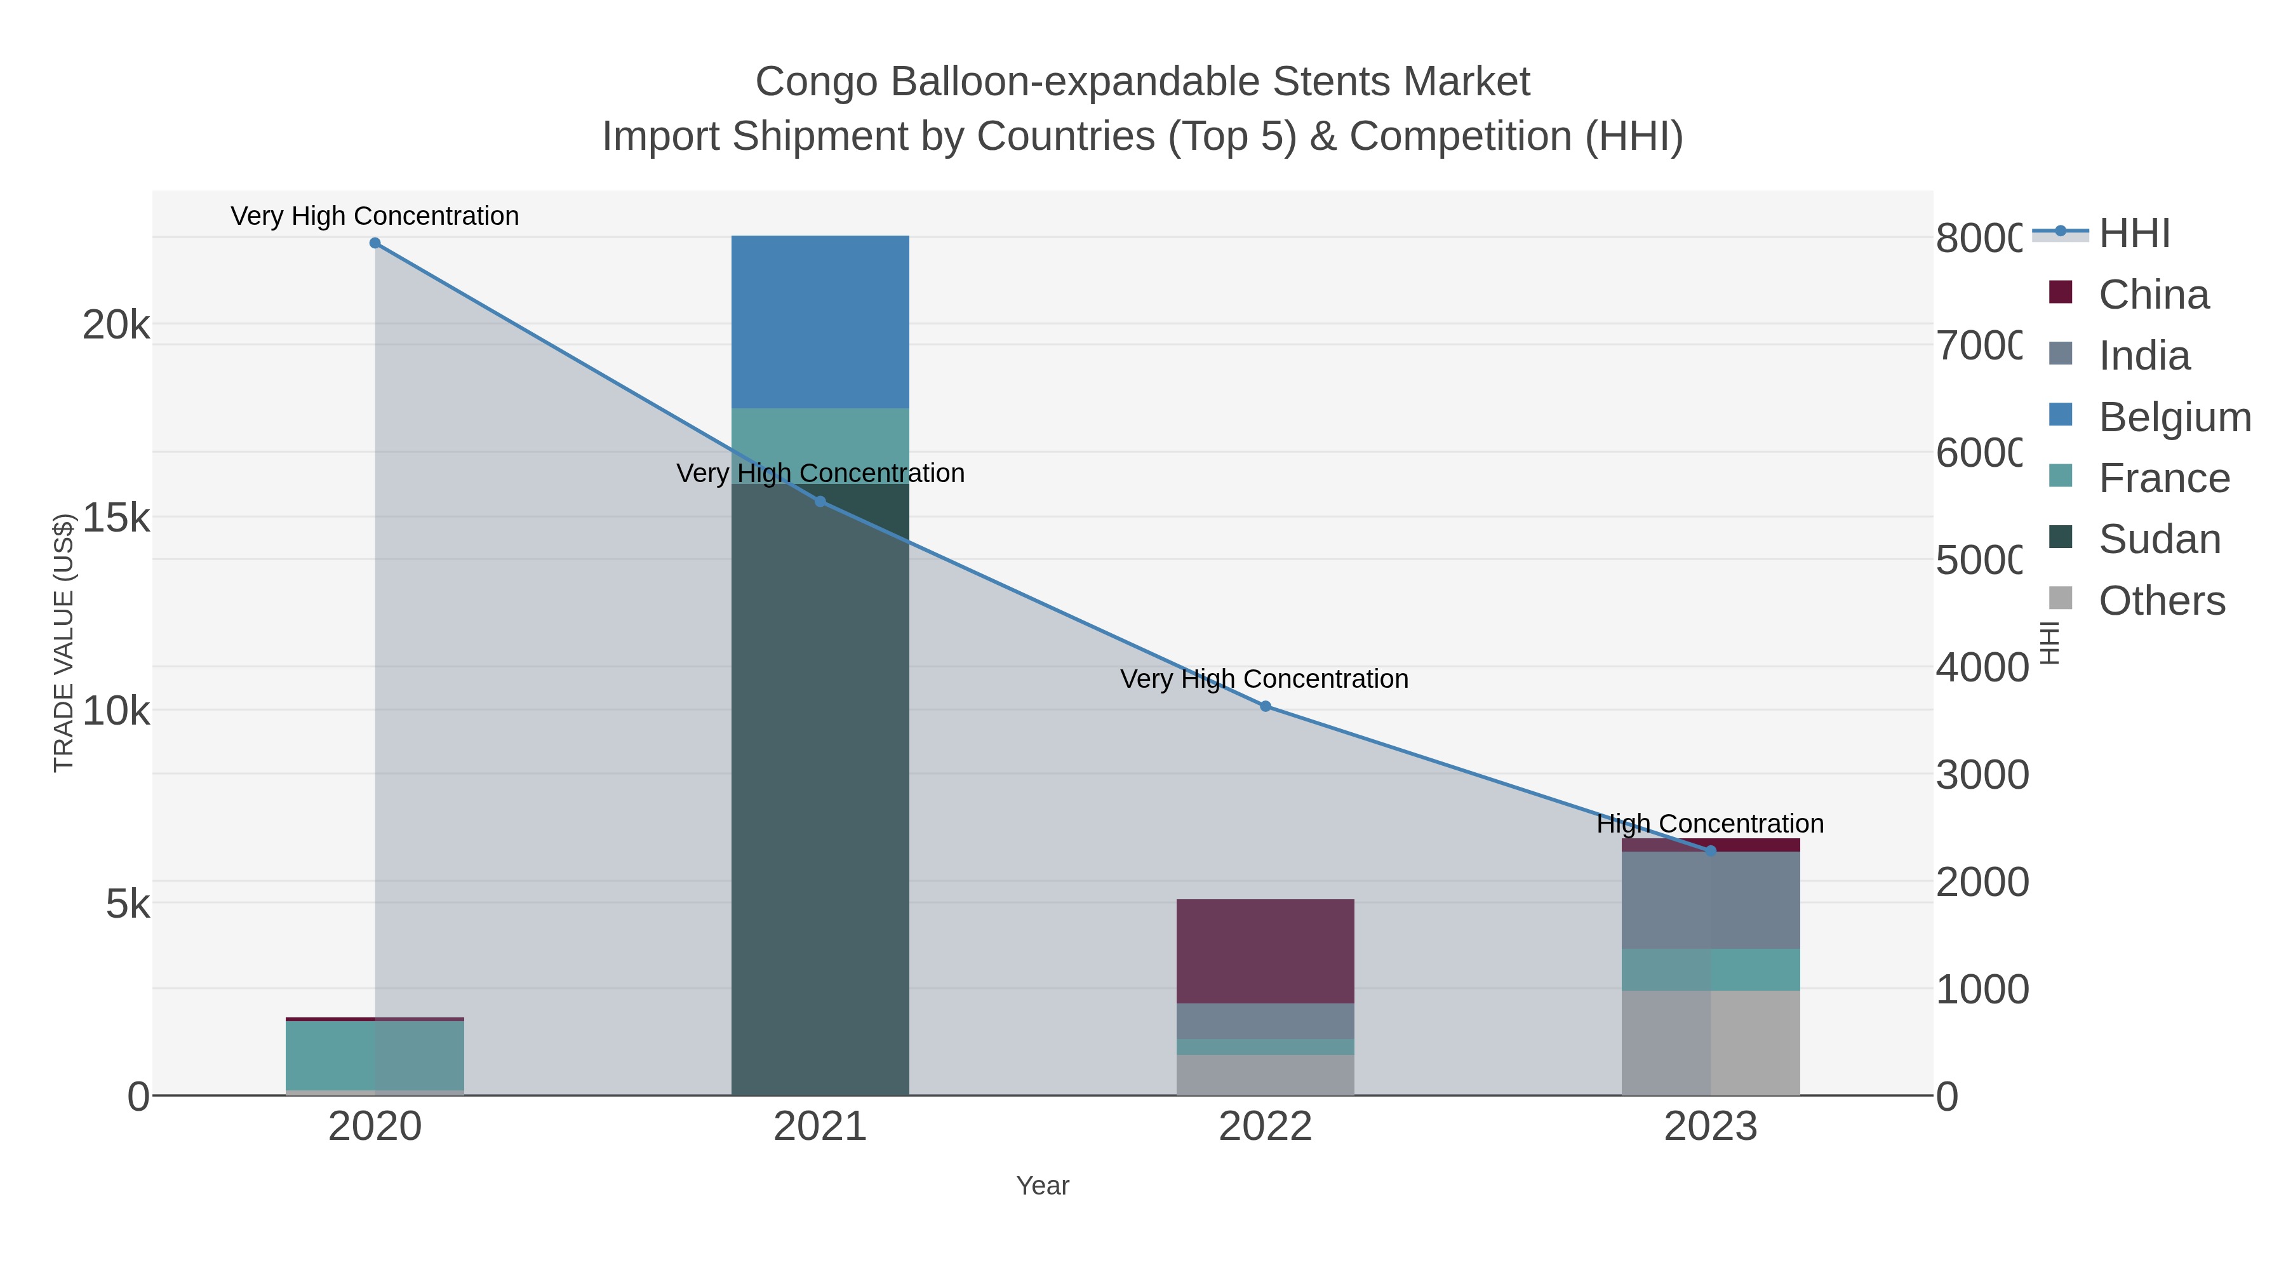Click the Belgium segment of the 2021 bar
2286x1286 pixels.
point(820,321)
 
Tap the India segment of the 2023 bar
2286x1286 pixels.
point(1710,900)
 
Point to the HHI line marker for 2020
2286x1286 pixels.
point(375,243)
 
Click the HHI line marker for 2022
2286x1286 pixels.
point(1266,706)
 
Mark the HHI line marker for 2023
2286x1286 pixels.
point(1711,850)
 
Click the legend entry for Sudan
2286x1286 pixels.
point(2158,540)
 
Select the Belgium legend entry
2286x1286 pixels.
point(2174,417)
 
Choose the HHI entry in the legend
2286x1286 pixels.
point(2134,234)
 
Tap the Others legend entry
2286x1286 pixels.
point(2161,601)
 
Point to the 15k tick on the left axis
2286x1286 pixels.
point(116,518)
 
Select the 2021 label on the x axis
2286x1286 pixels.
point(820,1128)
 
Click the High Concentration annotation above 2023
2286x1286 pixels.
point(1710,824)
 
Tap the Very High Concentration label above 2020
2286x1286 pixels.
point(375,217)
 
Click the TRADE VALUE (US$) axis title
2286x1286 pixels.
point(64,643)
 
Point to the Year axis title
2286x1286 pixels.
point(1043,1186)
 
